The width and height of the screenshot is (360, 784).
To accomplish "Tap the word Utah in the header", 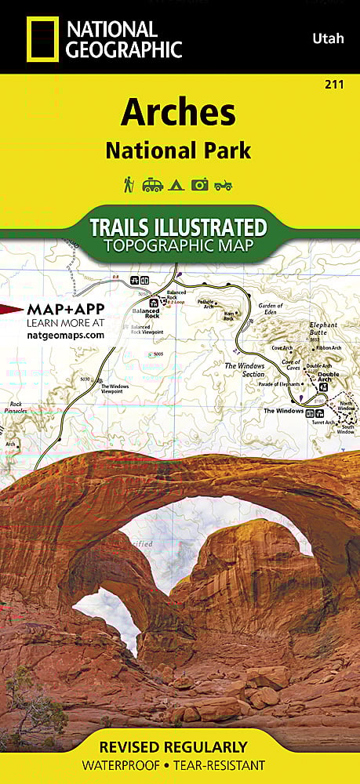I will click(328, 38).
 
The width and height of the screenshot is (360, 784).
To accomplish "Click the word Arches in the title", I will click(177, 114).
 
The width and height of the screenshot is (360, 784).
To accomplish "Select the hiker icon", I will click(128, 184).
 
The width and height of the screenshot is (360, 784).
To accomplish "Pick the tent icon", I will click(176, 185).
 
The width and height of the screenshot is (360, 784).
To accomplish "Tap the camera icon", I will click(199, 184).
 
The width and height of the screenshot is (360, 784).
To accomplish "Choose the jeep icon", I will click(224, 185).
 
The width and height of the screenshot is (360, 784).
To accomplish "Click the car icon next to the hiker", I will click(152, 185).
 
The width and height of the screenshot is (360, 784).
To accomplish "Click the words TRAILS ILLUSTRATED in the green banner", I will click(178, 227).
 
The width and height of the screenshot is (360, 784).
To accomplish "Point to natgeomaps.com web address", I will click(65, 335).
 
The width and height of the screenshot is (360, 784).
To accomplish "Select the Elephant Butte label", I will click(322, 328).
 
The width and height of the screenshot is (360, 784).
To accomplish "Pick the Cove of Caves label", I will click(293, 365).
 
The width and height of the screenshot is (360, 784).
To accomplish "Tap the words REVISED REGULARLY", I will click(180, 747).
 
